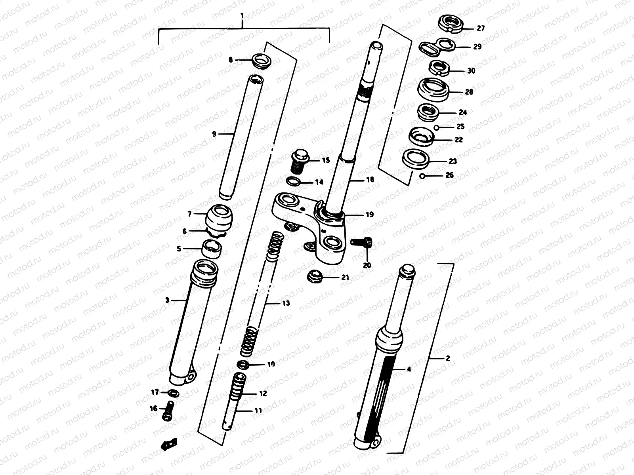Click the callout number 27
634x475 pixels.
pyautogui.click(x=481, y=28)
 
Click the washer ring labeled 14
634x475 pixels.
pyautogui.click(x=293, y=182)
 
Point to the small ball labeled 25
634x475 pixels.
pyautogui.click(x=436, y=127)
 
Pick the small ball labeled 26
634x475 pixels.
pyautogui.click(x=423, y=176)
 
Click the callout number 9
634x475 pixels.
pyautogui.click(x=214, y=134)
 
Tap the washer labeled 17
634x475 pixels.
pyautogui.click(x=173, y=393)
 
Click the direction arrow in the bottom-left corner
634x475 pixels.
pyautogui.click(x=169, y=444)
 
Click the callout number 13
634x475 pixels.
pyautogui.click(x=286, y=303)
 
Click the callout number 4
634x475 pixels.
pyautogui.click(x=409, y=369)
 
